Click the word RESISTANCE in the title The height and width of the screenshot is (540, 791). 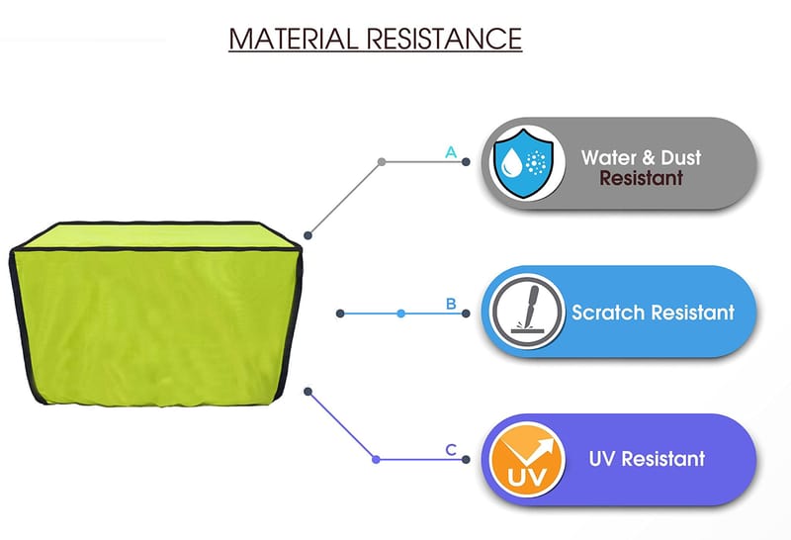coord(443,39)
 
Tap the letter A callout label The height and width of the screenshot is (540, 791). coord(451,152)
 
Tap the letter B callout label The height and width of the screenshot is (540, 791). coord(451,304)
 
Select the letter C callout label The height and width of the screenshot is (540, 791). coord(451,450)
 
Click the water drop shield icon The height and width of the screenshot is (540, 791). coord(523,163)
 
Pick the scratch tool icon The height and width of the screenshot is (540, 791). coord(523,312)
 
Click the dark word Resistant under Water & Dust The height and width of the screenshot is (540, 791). coord(641,179)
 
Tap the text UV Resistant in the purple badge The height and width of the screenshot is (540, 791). coord(647,459)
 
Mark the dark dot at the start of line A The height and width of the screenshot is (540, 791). coord(309,235)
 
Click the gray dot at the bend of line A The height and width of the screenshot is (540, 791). coord(381,161)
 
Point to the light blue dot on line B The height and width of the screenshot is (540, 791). coord(400,314)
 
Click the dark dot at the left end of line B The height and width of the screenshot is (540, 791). coord(340,314)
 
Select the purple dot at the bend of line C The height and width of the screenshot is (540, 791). coord(376,459)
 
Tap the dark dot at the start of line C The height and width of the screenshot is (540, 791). coord(309,392)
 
